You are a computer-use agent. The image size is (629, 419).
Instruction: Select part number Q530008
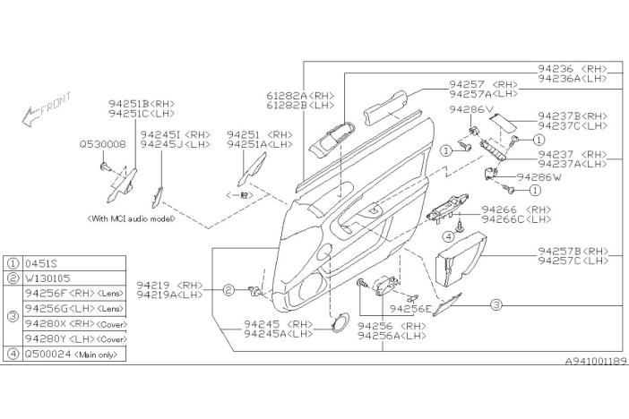[100, 143]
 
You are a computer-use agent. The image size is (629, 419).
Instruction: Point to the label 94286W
[538, 177]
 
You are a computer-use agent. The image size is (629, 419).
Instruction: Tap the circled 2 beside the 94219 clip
[229, 290]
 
